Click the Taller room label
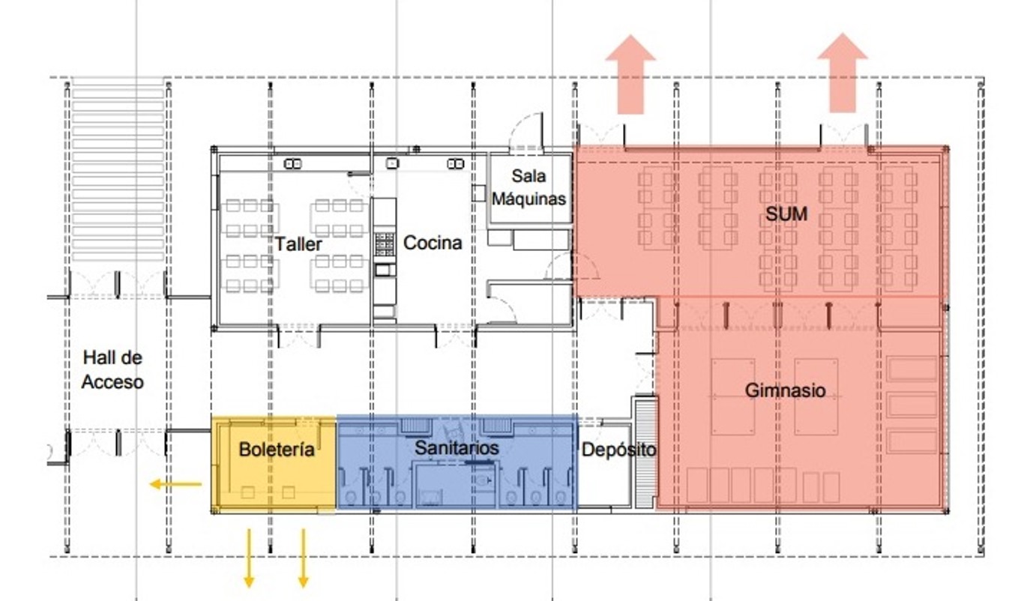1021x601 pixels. (x=298, y=244)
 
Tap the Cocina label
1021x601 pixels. (x=433, y=243)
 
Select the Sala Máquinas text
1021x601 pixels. (x=528, y=187)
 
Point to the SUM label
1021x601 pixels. (x=786, y=214)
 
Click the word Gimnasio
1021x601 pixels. (x=786, y=390)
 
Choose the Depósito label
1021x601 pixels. (x=619, y=450)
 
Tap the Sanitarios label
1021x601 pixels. (x=457, y=448)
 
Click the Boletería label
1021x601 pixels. (x=277, y=450)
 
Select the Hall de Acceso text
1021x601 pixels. (x=112, y=369)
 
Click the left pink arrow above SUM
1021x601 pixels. (x=630, y=74)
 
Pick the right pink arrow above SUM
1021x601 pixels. (x=843, y=73)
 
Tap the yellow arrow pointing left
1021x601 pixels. (x=176, y=484)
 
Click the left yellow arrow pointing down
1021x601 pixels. (x=249, y=558)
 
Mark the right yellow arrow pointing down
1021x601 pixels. (x=304, y=558)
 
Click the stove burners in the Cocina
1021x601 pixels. (x=385, y=244)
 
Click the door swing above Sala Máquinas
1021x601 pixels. (x=526, y=131)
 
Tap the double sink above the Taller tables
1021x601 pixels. (x=292, y=163)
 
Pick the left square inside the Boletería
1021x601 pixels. (x=247, y=492)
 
